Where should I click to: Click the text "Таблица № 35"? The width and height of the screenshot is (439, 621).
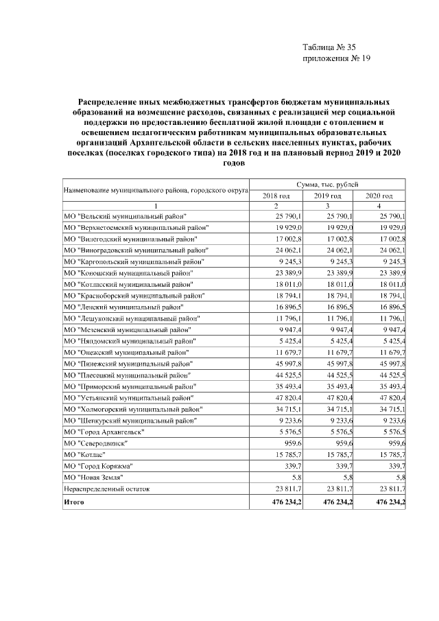pyautogui.click(x=329, y=47)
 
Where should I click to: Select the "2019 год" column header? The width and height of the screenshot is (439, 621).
pyautogui.click(x=327, y=196)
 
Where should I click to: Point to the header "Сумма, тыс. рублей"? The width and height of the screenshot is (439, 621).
pyautogui.click(x=327, y=185)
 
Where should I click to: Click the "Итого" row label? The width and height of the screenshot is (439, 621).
pyautogui.click(x=73, y=503)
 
